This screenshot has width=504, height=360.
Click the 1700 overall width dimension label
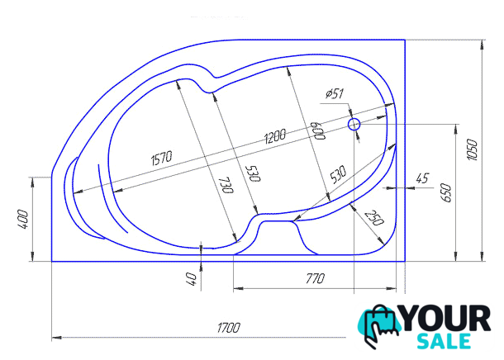(229, 328)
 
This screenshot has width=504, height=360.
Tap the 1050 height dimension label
(472, 149)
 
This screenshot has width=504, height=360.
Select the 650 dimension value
(446, 192)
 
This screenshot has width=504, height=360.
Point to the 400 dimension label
(22, 220)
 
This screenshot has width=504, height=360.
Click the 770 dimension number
(315, 278)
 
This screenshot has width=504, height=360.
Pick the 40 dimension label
(191, 279)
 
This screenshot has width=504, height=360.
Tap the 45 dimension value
(422, 178)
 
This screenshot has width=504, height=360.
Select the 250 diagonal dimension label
(374, 218)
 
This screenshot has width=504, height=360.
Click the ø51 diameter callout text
(335, 94)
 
